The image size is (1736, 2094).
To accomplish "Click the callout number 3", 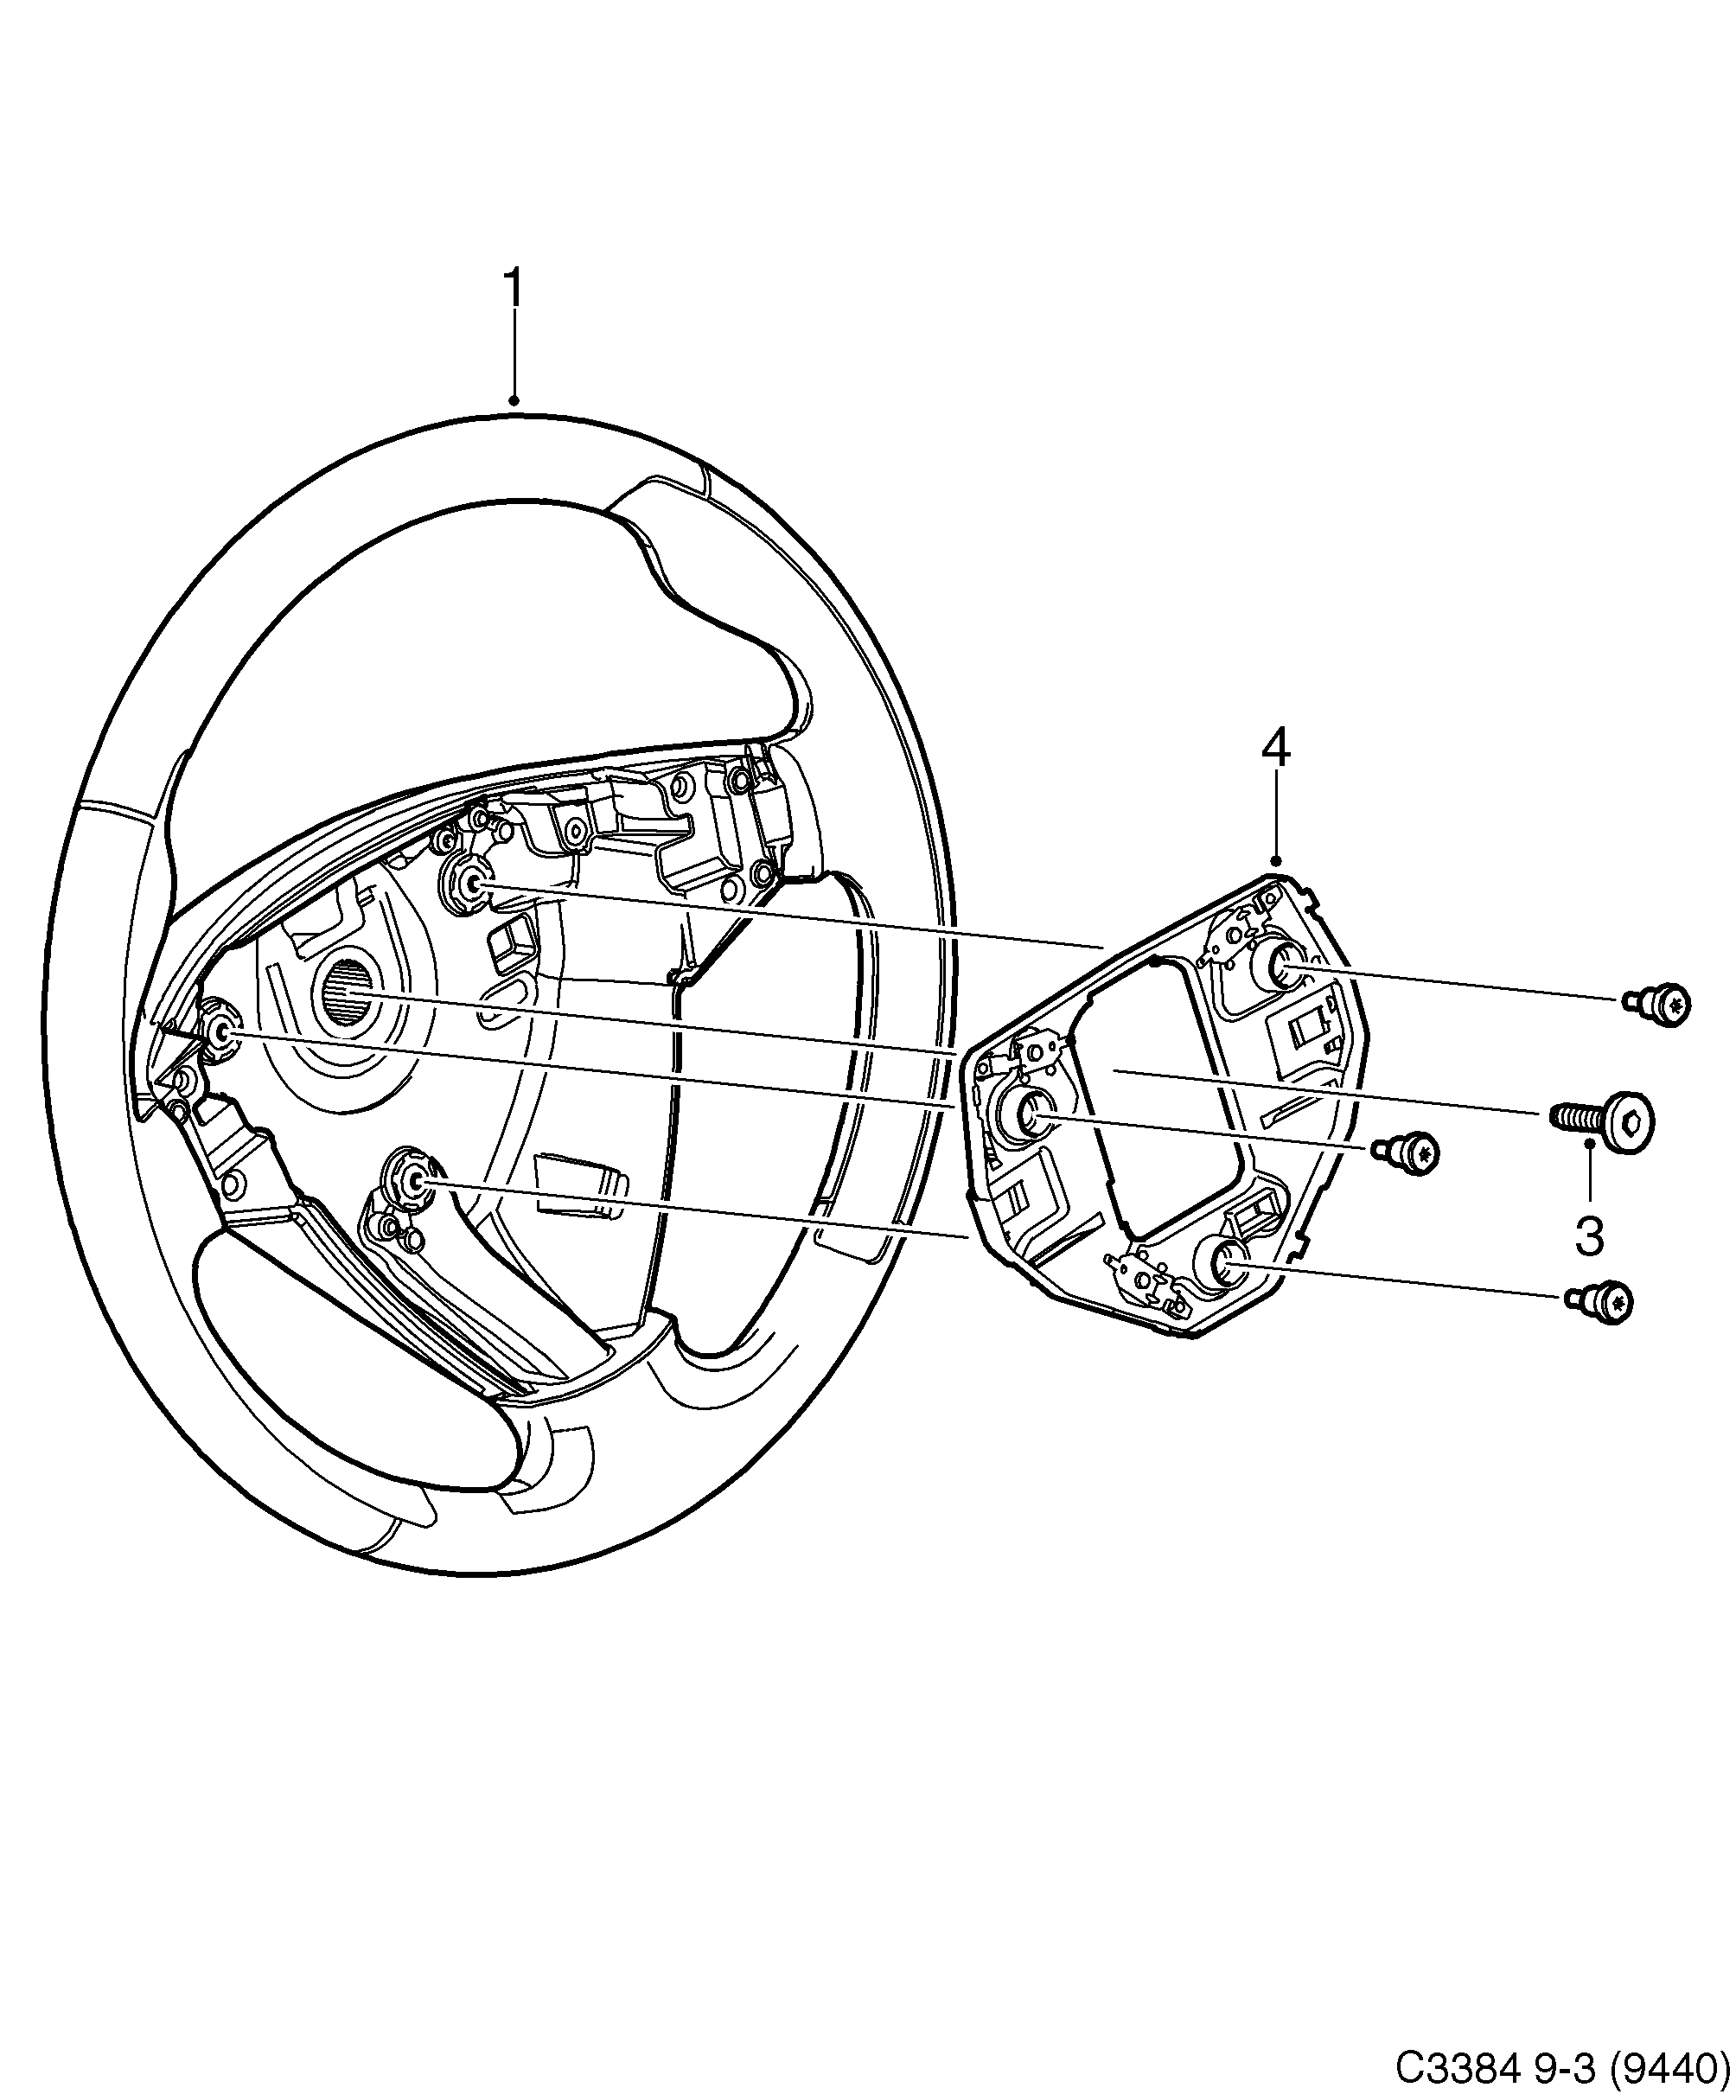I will (1588, 1235).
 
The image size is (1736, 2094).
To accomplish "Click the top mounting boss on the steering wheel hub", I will (468, 882).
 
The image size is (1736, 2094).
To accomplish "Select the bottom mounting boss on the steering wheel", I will (411, 1181).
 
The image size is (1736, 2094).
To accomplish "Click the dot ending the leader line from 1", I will (514, 402).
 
